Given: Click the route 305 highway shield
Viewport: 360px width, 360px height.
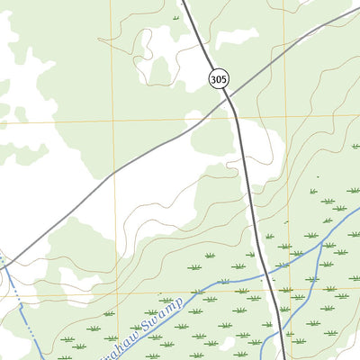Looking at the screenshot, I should click(218, 80).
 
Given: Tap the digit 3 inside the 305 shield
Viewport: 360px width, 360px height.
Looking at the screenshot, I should click(212, 80).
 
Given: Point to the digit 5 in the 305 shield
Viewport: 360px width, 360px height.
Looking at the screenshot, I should click(223, 80).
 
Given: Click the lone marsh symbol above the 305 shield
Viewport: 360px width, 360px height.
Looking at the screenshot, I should click(175, 18).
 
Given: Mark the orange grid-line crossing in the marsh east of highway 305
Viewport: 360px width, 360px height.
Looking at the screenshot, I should click(286, 291).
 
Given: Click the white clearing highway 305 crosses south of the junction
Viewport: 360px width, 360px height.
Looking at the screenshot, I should click(256, 144).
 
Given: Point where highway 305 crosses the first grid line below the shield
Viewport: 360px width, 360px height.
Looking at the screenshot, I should click(236, 119).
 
